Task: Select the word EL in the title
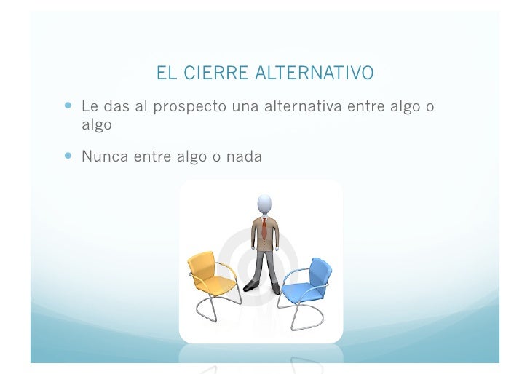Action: [x=166, y=73]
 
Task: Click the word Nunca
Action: [x=103, y=155]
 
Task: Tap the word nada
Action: [x=245, y=155]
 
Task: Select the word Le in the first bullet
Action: [x=90, y=107]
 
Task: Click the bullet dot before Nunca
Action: [x=68, y=154]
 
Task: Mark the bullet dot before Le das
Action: [x=68, y=106]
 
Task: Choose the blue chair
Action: [x=306, y=287]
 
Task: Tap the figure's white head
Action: [x=264, y=204]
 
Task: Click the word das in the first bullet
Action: [x=116, y=107]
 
